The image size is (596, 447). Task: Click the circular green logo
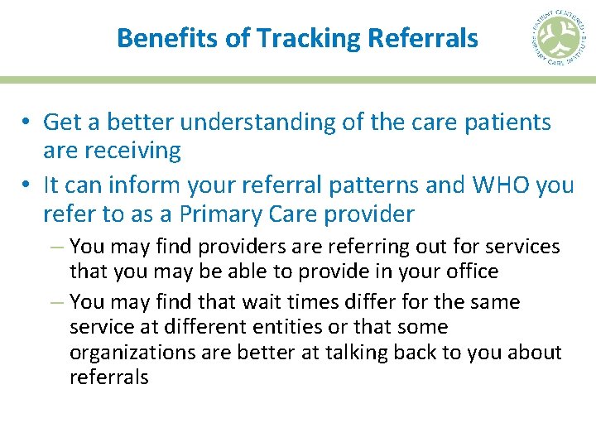tap(560, 39)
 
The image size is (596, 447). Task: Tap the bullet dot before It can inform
tap(27, 185)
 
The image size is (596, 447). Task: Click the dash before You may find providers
tap(58, 247)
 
